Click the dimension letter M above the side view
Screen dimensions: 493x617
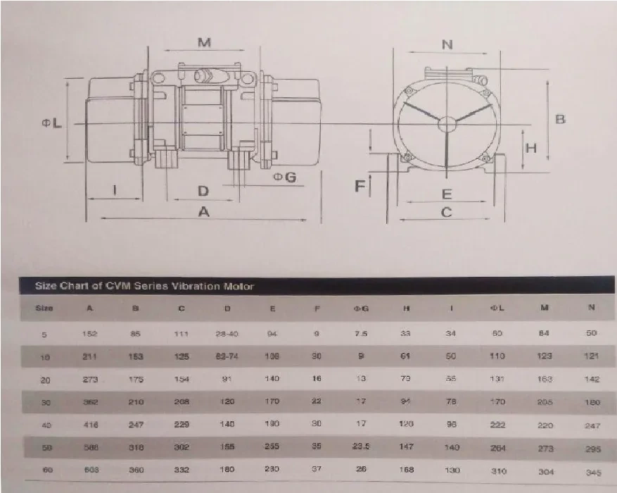[x=204, y=43]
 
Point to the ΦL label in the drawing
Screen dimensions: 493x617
[x=51, y=123]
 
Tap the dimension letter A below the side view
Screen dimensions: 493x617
[x=204, y=211]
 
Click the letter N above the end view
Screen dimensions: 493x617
[x=447, y=44]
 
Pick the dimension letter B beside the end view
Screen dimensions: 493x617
[x=560, y=119]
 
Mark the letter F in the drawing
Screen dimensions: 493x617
[x=360, y=186]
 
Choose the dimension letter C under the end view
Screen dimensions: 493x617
[x=446, y=212]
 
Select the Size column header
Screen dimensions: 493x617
[x=44, y=308]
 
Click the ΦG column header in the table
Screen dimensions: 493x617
[x=361, y=308]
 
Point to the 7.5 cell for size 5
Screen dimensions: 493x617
[x=361, y=333]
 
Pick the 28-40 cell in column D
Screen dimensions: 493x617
[x=227, y=333]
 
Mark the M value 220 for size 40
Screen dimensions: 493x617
[x=546, y=425]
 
